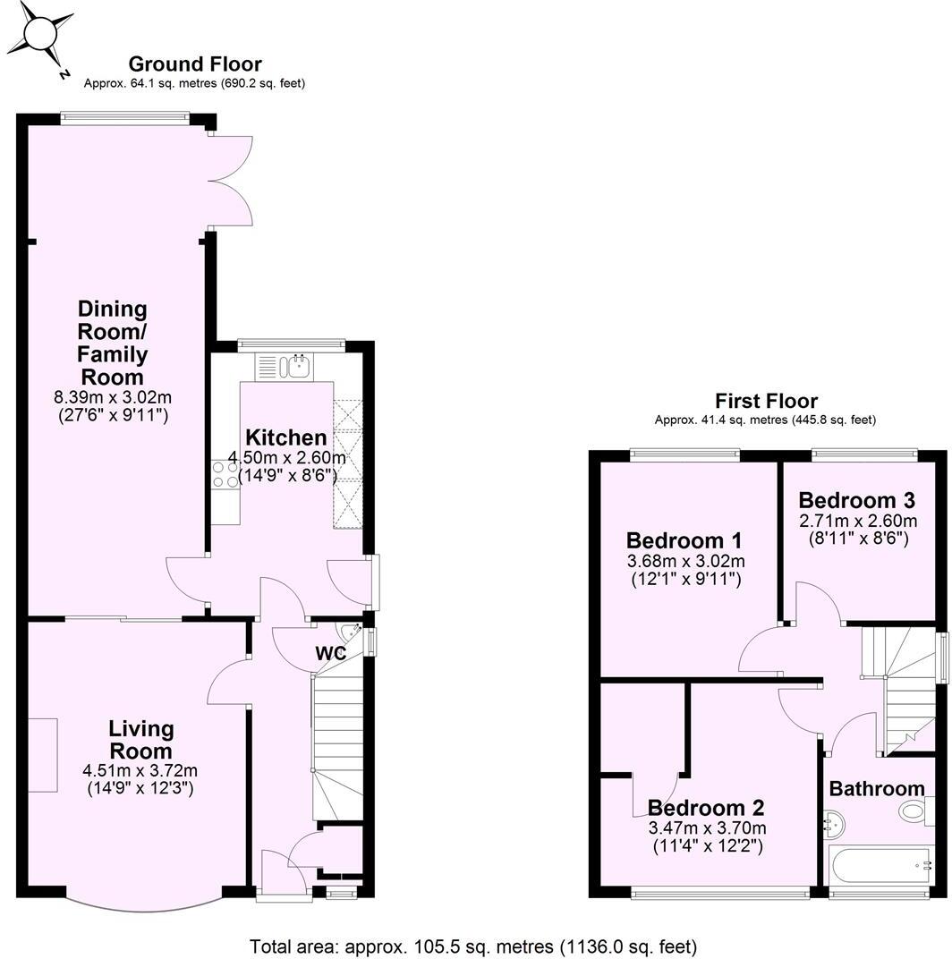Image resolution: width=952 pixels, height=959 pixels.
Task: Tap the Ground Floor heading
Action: pyautogui.click(x=195, y=64)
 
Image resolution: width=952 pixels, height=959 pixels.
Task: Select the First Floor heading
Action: pyautogui.click(x=766, y=401)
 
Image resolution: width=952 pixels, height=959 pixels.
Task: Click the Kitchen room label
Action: pyautogui.click(x=286, y=437)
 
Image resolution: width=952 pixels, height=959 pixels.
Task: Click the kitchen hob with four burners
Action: pyautogui.click(x=225, y=473)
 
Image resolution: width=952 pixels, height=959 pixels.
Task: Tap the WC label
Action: pyautogui.click(x=330, y=654)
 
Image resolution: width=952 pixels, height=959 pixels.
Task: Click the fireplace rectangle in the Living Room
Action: pyautogui.click(x=45, y=754)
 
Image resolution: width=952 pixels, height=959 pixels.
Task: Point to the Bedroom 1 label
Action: pyautogui.click(x=684, y=540)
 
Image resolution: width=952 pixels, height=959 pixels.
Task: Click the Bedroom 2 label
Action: pyautogui.click(x=706, y=808)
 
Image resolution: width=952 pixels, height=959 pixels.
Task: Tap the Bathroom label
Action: pyautogui.click(x=876, y=789)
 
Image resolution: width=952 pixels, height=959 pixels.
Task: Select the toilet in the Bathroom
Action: pyautogui.click(x=914, y=811)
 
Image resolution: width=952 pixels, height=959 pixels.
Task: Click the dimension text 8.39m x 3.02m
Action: pyautogui.click(x=113, y=396)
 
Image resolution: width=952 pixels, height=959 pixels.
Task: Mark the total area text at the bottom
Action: pyautogui.click(x=473, y=946)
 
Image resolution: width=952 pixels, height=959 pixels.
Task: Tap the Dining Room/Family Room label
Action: pyautogui.click(x=113, y=342)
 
